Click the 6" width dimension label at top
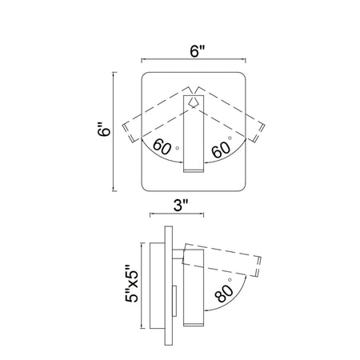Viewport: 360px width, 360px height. coord(197,51)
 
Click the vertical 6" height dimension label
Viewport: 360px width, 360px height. coord(104,130)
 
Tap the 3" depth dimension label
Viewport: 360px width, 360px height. coord(181,206)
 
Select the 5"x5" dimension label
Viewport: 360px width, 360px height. coord(131,283)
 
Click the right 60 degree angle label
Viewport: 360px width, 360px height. coord(221,147)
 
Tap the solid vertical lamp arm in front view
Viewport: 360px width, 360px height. coord(194,134)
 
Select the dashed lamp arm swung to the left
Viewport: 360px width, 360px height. coord(158,114)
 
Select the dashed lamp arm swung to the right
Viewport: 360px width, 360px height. coord(229,113)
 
